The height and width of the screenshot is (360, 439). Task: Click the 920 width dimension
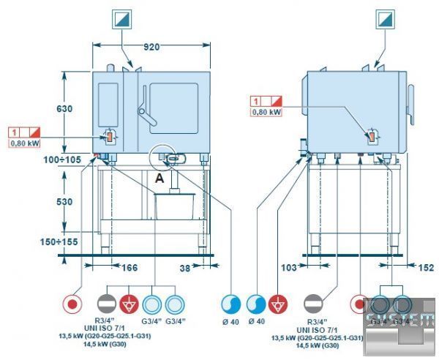[151, 47]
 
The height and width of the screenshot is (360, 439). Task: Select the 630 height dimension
[65, 109]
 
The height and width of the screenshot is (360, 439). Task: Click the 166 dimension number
[129, 269]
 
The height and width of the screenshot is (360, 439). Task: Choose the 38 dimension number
[186, 269]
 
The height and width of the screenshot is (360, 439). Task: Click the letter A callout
[159, 177]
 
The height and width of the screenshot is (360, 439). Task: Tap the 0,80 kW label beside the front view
[24, 144]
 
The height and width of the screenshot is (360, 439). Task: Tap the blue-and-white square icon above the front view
[121, 18]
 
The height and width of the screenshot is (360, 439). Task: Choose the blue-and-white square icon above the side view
[386, 18]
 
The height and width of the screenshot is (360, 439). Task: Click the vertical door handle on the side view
[411, 102]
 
